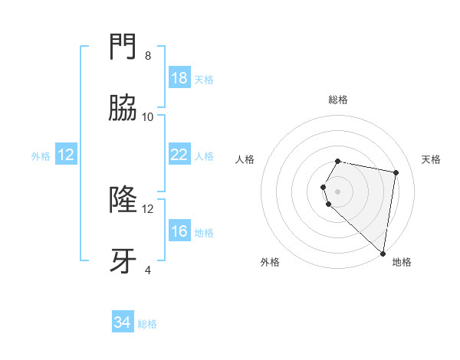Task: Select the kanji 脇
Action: pyautogui.click(x=123, y=109)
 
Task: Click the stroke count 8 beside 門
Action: pyautogui.click(x=148, y=55)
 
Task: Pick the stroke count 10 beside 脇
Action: pyautogui.click(x=148, y=116)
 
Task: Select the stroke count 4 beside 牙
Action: pyautogui.click(x=148, y=270)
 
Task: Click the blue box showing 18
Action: pyautogui.click(x=179, y=78)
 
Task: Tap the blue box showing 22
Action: pyautogui.click(x=179, y=155)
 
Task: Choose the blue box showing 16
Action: pyautogui.click(x=179, y=231)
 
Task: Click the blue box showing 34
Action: pyautogui.click(x=122, y=322)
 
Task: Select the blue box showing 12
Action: pyautogui.click(x=66, y=155)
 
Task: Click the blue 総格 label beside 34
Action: pyautogui.click(x=147, y=324)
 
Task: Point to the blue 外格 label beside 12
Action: pyautogui.click(x=41, y=156)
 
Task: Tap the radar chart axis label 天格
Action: pyautogui.click(x=432, y=159)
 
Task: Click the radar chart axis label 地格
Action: pyautogui.click(x=402, y=262)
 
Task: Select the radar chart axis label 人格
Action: pyautogui.click(x=245, y=159)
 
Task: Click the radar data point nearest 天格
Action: pyautogui.click(x=396, y=173)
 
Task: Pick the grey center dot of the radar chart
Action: pyautogui.click(x=338, y=191)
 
